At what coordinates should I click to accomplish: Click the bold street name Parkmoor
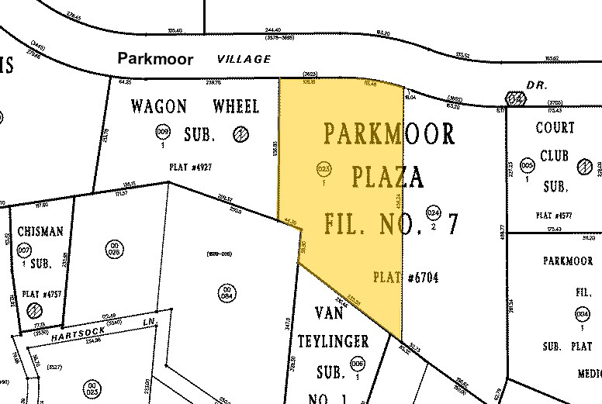pos(155,59)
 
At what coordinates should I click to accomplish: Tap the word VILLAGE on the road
pos(244,58)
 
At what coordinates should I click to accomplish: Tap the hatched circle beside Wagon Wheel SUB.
pos(241,133)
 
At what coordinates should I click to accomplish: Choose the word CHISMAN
pos(33,231)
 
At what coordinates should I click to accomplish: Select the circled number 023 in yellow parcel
pos(325,170)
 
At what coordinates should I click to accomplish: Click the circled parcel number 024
pos(434,213)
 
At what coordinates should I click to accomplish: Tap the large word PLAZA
pos(386,178)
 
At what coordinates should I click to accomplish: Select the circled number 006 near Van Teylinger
pos(358,364)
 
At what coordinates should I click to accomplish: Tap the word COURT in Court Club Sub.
pos(555,129)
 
